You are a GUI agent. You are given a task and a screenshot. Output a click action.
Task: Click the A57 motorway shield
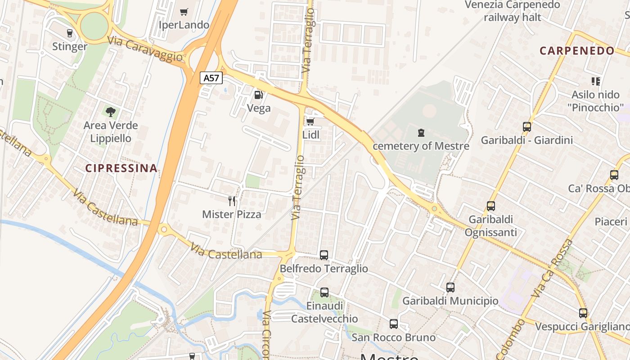coord(211,78)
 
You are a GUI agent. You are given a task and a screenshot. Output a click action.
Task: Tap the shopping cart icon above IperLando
coord(184,12)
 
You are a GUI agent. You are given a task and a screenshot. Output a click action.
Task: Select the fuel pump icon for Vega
coord(258,94)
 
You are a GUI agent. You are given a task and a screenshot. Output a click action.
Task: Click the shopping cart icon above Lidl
coord(310,121)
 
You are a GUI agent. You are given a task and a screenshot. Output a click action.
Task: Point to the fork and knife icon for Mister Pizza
coord(232,201)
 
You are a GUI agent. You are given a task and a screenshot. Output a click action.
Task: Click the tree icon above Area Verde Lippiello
coord(110,112)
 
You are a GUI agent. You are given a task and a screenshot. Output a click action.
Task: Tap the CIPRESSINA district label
coord(121,168)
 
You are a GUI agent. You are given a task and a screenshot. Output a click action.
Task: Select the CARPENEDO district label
coord(577,51)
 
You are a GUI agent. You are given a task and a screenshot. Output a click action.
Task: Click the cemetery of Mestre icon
coord(421,133)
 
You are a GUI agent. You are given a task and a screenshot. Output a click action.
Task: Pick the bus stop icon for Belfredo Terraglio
coord(324,255)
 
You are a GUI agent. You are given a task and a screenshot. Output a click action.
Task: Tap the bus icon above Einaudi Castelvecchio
coord(324,292)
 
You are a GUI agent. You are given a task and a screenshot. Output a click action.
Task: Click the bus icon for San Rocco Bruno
coord(394,324)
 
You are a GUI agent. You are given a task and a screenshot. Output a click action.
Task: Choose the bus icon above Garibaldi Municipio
coord(450,288)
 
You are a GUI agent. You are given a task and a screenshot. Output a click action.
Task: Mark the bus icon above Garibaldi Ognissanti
coord(490,206)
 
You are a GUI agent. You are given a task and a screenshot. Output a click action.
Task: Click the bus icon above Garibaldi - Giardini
coord(527,127)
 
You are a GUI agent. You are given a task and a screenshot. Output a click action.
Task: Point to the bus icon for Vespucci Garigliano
coord(583,313)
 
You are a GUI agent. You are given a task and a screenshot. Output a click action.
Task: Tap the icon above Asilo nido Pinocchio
coord(596,81)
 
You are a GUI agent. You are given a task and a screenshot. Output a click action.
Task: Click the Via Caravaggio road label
coord(145,49)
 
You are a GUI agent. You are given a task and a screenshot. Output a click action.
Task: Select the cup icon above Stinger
coord(69,33)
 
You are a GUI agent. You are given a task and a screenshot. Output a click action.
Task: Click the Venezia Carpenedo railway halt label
coord(513,11)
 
